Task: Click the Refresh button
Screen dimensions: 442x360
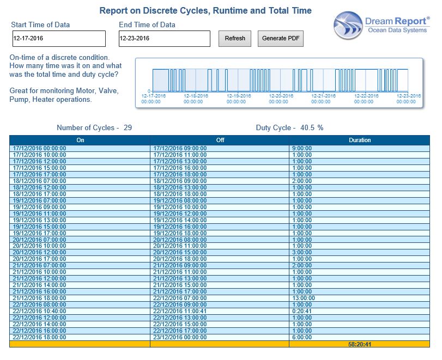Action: coord(235,38)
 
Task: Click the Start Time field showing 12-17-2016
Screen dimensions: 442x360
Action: coord(59,39)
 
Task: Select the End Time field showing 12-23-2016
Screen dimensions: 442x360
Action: coord(165,39)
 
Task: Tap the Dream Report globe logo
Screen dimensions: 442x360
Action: coord(348,26)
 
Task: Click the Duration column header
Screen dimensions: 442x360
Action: coord(360,140)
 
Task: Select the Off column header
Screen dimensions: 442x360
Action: coord(220,140)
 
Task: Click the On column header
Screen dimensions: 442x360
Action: coord(80,140)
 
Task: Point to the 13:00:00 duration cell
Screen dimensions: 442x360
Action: coord(304,298)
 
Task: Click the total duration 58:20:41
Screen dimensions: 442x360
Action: coord(360,344)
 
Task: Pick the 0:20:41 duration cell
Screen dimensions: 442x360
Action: coord(302,312)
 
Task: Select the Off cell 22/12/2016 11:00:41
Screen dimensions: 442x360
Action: coord(180,312)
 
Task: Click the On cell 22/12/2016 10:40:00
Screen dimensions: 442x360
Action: coord(39,312)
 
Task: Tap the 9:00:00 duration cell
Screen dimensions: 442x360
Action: coord(302,148)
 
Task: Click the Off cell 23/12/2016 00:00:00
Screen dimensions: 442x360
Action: coord(180,337)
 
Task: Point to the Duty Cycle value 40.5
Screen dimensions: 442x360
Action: coord(307,127)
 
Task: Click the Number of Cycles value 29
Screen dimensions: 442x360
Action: coord(128,127)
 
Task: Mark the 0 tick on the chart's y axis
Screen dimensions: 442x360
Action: coord(149,91)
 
